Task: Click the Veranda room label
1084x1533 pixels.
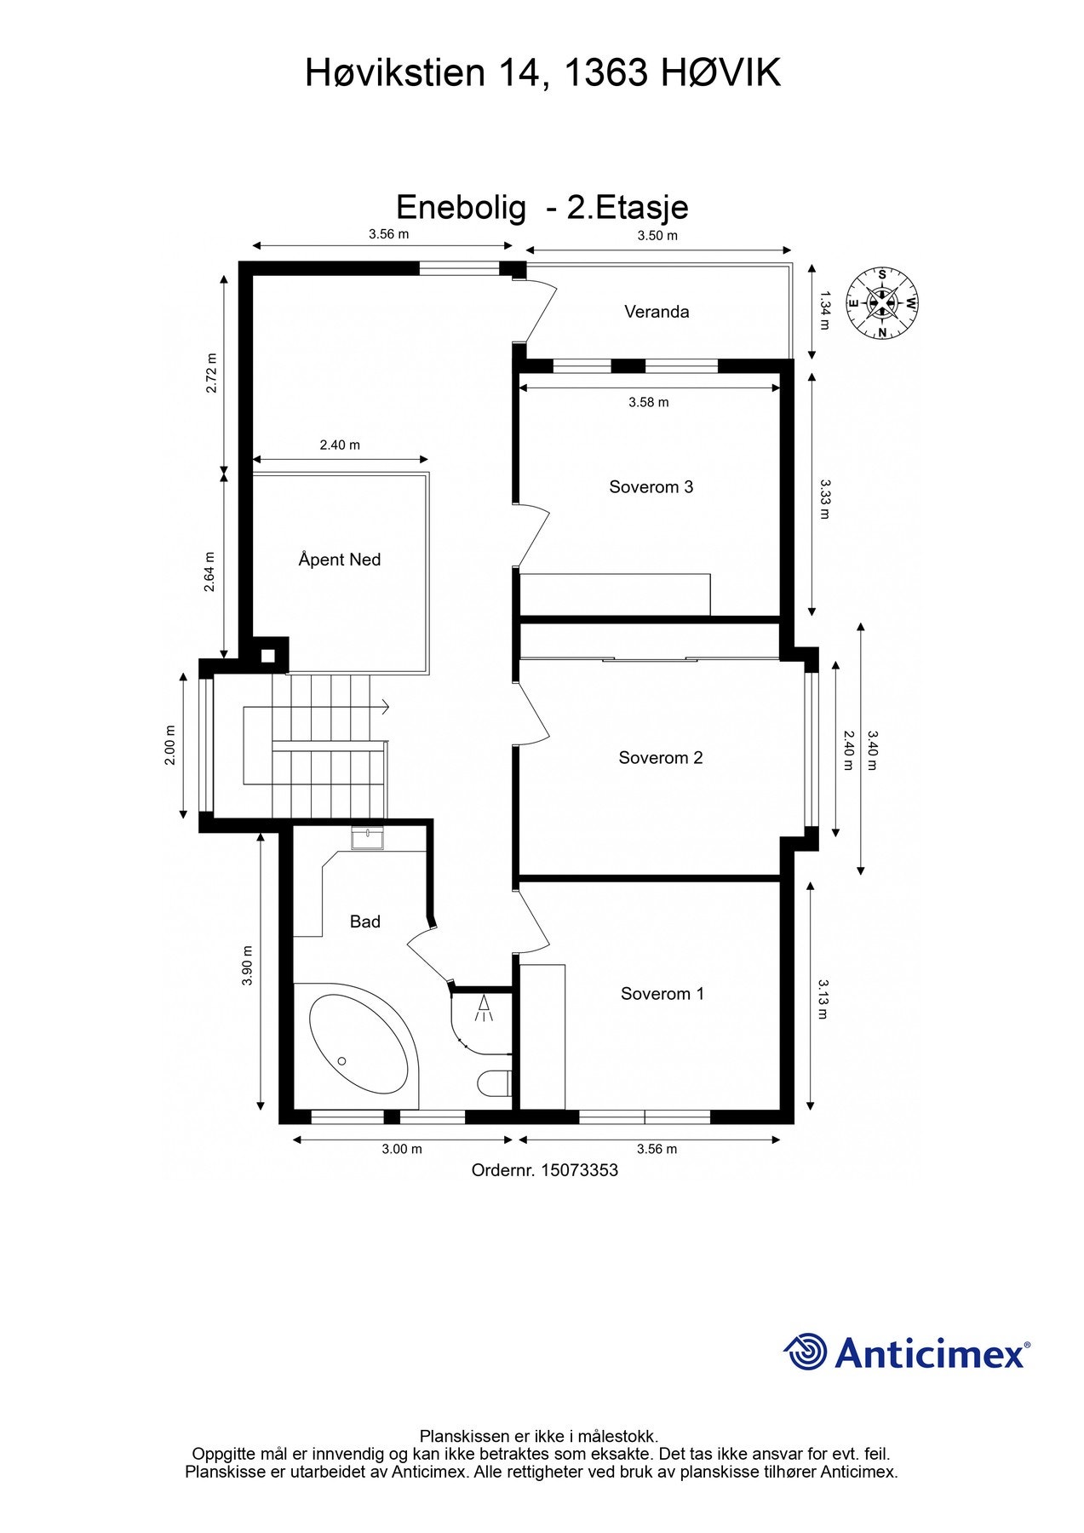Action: pos(657,312)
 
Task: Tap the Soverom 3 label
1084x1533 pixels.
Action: pos(651,487)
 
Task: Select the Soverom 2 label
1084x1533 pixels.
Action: pos(660,758)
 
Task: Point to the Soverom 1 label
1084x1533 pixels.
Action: pos(662,994)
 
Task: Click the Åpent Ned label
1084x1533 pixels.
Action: pos(339,560)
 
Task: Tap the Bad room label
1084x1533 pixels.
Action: pos(364,922)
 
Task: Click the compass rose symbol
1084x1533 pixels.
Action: pos(882,302)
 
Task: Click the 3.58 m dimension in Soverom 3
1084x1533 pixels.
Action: pos(648,403)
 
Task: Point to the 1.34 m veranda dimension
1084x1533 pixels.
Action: pos(823,310)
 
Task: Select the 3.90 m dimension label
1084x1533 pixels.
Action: pos(248,966)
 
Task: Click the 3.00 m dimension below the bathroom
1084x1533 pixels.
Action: pos(401,1149)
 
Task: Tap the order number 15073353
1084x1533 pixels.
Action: pos(544,1170)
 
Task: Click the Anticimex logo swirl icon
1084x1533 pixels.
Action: pos(805,1352)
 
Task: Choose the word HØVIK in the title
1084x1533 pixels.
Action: pos(720,74)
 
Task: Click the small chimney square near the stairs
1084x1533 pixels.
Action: pos(268,656)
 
